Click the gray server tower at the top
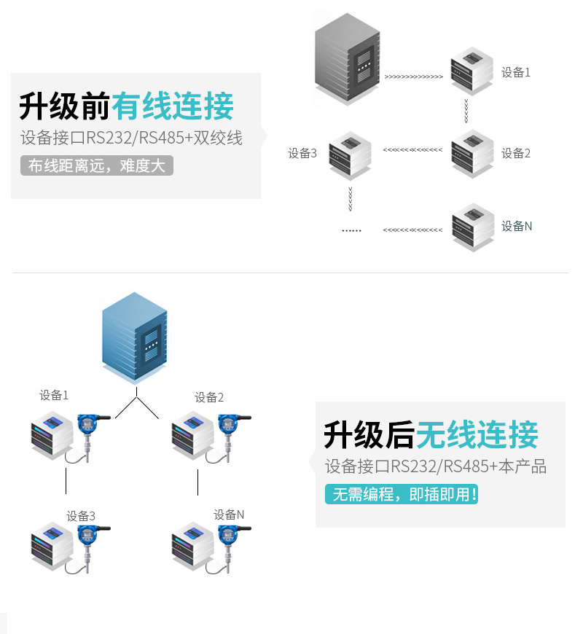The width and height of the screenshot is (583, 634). [348, 59]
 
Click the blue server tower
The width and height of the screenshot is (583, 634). [135, 337]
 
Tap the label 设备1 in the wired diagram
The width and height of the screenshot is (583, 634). [515, 72]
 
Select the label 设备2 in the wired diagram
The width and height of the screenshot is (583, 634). [515, 153]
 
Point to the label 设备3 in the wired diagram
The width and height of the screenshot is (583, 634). [302, 153]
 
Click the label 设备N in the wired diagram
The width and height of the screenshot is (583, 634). [516, 226]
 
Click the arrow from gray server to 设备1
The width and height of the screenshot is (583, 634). [414, 77]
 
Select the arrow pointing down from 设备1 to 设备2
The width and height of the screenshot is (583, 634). [466, 111]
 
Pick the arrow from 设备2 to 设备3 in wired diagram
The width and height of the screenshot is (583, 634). [412, 150]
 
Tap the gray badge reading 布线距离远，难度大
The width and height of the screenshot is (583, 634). [97, 165]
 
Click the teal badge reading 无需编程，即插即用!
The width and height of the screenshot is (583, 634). [402, 494]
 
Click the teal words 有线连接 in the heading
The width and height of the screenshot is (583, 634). [173, 106]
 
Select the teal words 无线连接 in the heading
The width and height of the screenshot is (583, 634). [477, 434]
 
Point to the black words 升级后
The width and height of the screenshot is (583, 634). [369, 434]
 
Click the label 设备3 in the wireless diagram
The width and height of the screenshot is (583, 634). [81, 516]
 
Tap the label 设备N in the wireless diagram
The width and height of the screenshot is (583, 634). [229, 514]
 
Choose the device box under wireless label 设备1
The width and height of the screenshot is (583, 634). [52, 435]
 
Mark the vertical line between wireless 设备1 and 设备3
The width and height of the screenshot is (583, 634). [66, 481]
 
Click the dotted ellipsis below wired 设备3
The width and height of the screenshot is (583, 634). [351, 230]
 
